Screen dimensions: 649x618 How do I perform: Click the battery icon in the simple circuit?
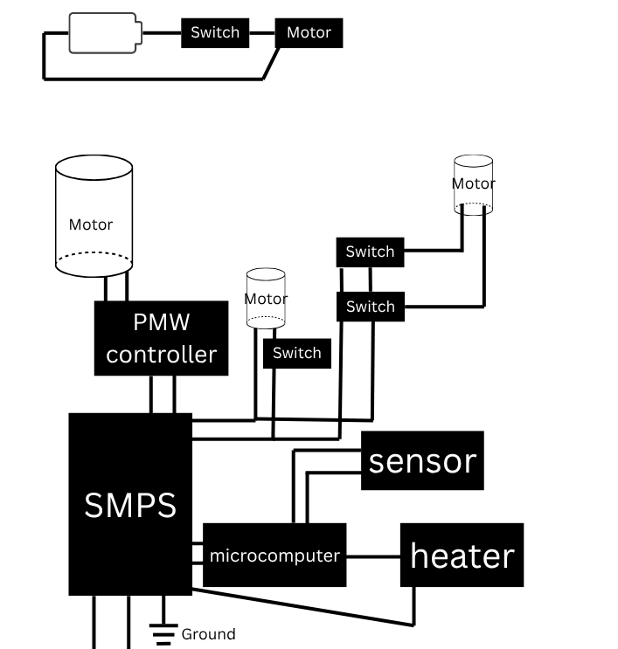pos(103,33)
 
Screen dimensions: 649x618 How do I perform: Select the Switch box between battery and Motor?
pos(215,33)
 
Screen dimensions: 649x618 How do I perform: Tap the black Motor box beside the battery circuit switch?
pos(309,33)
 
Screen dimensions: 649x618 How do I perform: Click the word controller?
pos(162,355)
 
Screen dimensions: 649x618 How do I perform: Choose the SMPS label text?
pos(130,505)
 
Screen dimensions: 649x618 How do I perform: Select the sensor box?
pos(422,461)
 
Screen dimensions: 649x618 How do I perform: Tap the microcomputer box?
pos(274,556)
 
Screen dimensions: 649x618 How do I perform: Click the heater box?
pos(462,556)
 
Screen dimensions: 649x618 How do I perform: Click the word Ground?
pos(208,634)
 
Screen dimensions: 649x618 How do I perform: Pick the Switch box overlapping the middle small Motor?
pos(297,354)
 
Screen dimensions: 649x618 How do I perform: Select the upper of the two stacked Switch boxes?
pos(371,252)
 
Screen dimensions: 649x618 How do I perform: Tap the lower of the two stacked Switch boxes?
pos(371,307)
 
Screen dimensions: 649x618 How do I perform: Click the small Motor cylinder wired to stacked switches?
pos(473,184)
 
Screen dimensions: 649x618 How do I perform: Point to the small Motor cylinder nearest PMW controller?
pos(266,298)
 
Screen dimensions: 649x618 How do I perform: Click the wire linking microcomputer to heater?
pos(373,556)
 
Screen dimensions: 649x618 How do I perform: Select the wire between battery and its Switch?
pos(161,33)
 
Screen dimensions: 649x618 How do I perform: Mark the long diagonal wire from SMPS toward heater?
pos(306,608)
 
